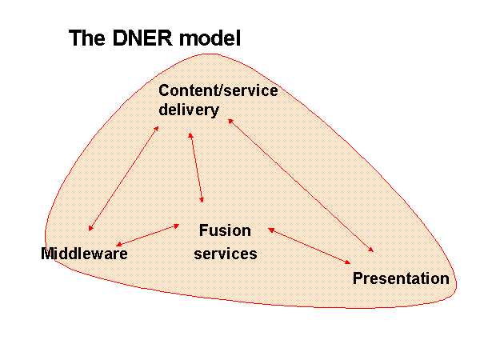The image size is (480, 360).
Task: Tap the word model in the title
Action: (x=210, y=38)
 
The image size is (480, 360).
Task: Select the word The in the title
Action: (x=87, y=38)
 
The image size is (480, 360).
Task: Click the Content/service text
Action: (x=218, y=90)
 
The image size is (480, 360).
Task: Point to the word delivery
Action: (x=189, y=110)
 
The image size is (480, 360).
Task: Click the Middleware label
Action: (x=84, y=254)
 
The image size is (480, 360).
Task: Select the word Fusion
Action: (x=225, y=230)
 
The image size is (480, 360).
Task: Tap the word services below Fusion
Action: (x=226, y=254)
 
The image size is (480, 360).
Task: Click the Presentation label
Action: (x=401, y=278)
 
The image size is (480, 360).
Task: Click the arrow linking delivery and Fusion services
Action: (x=196, y=168)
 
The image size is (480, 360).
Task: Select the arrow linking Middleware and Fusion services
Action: (x=147, y=235)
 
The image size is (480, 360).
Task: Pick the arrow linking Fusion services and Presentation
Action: (x=309, y=246)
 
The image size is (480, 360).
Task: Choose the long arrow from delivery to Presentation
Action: (x=301, y=186)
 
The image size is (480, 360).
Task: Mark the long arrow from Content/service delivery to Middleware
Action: (x=123, y=178)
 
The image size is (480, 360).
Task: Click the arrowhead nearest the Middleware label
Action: (x=118, y=244)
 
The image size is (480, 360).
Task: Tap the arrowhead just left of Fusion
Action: (x=176, y=226)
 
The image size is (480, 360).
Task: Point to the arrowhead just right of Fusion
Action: (x=271, y=230)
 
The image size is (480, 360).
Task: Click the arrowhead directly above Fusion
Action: (x=201, y=200)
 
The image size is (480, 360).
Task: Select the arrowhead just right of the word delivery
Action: (x=230, y=122)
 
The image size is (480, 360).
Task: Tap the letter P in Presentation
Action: (x=358, y=278)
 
